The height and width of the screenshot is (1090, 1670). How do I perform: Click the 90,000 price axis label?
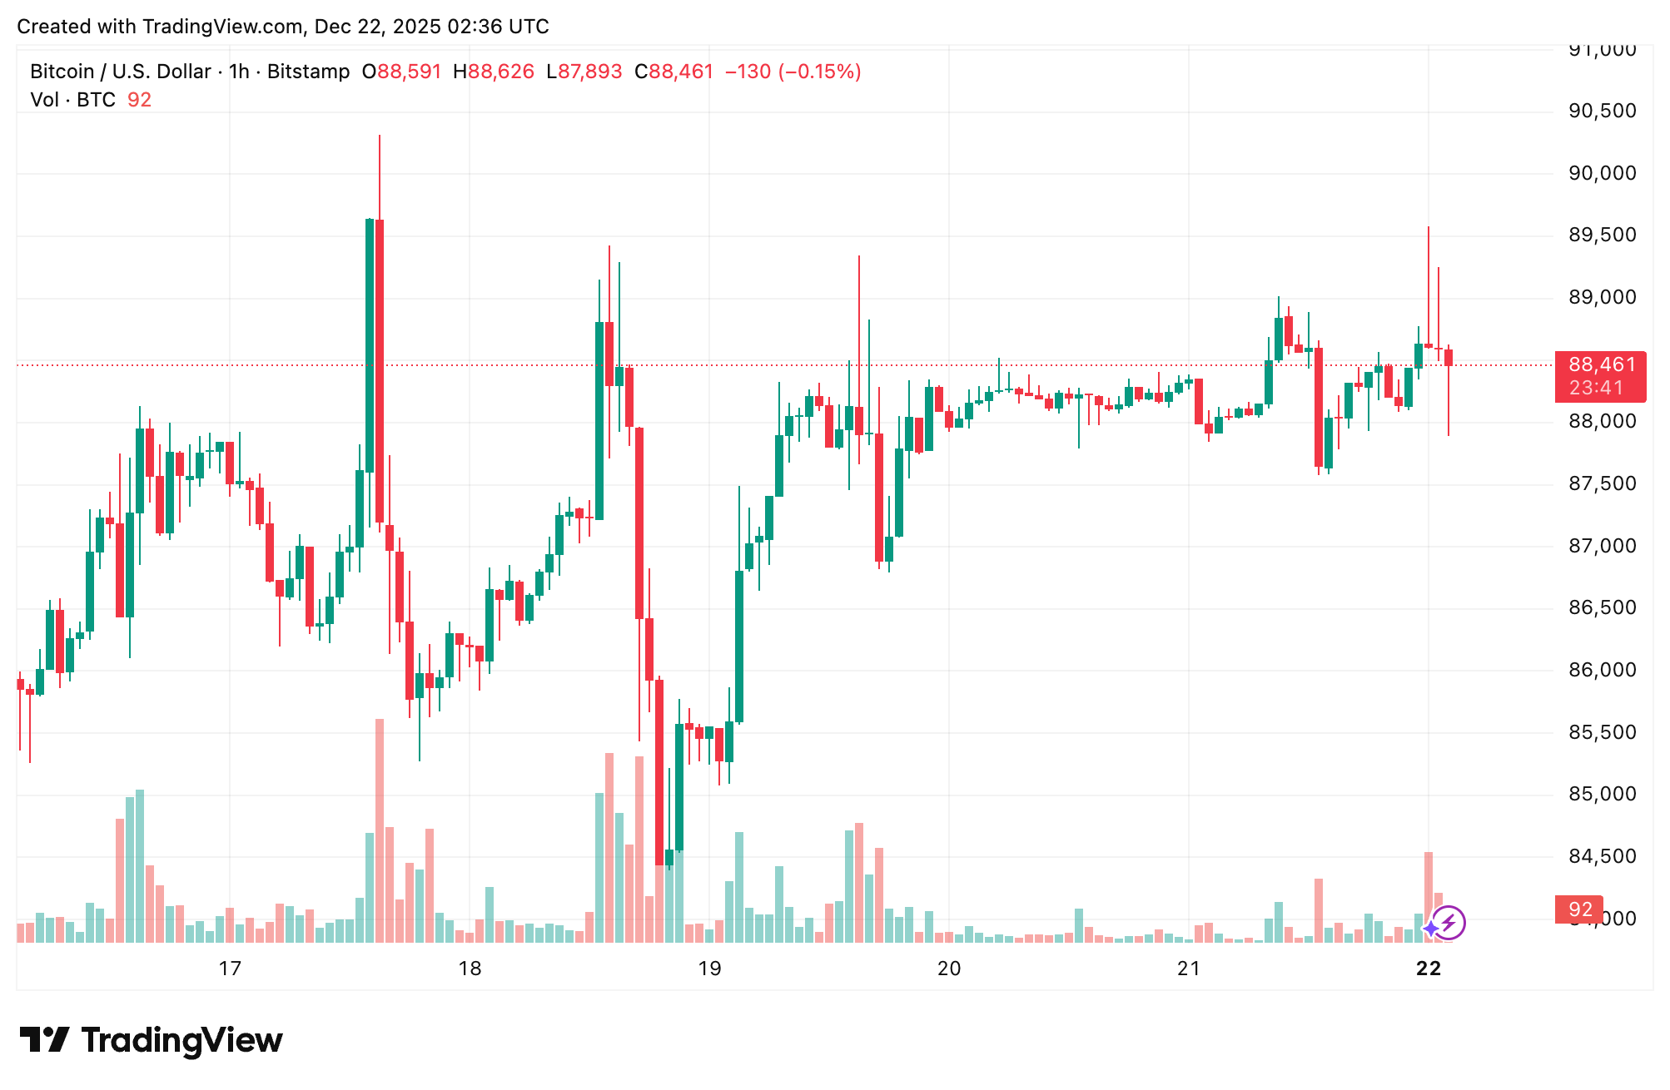[1602, 173]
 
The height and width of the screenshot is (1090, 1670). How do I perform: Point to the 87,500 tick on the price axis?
[1602, 483]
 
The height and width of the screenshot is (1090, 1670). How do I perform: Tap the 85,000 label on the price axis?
[1602, 794]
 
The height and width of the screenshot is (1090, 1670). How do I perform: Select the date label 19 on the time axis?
[709, 969]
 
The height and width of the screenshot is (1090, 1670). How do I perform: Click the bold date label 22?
[1429, 969]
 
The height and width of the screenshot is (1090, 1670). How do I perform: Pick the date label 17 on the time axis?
[230, 969]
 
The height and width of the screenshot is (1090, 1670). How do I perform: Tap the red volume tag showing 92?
[1579, 909]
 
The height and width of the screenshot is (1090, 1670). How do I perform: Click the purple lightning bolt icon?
[1449, 923]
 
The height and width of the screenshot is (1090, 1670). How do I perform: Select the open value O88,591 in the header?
[401, 72]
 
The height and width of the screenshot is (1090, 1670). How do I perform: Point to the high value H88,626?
[493, 72]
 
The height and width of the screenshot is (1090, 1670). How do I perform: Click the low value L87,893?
[584, 72]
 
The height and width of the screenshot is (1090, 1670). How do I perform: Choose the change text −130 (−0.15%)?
[793, 72]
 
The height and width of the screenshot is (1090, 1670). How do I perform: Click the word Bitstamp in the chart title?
[308, 72]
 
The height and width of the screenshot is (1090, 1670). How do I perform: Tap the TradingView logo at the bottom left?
[152, 1040]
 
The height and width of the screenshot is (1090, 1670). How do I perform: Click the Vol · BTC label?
[73, 100]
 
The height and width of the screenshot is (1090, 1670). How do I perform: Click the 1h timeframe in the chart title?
[239, 72]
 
